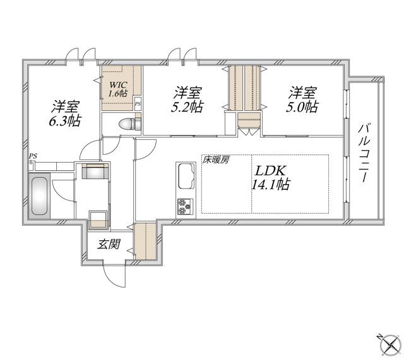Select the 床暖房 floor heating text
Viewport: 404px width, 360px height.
point(216,160)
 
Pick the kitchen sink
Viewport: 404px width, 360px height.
point(187,176)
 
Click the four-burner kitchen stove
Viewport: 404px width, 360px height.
point(186,206)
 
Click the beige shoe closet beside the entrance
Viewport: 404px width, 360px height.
point(145,241)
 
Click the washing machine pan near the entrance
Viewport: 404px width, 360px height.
point(98,218)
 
